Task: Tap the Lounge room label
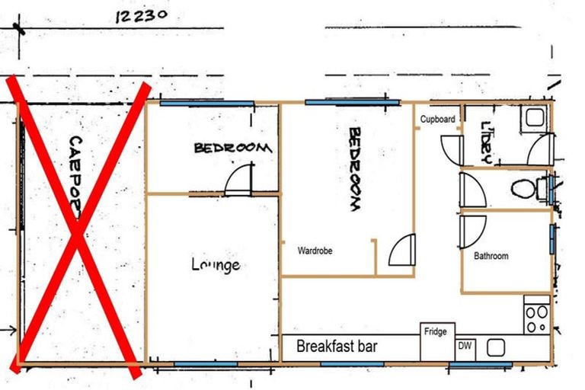point(216,265)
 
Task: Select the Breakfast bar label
point(337,347)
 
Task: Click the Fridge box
point(436,340)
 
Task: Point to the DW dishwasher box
point(465,346)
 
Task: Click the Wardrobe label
point(315,250)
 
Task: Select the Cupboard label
point(438,120)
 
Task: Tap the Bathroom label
point(491,256)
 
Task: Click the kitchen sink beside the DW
point(497,347)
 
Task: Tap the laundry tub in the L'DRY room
point(535,117)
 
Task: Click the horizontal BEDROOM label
point(232,148)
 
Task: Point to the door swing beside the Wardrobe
point(401,250)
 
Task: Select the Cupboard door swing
point(452,150)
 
